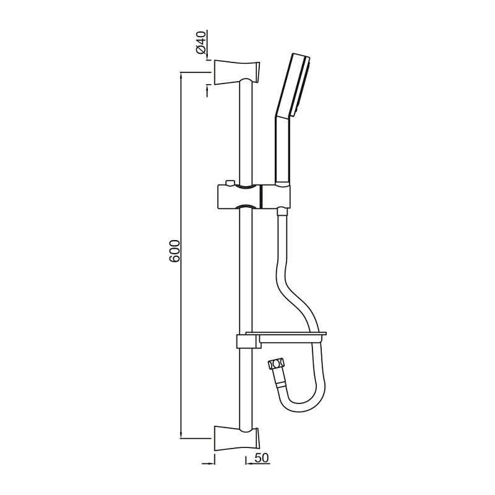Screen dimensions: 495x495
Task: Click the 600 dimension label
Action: click(x=175, y=250)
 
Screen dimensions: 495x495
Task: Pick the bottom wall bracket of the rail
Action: click(x=237, y=437)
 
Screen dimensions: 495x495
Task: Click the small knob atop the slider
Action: click(x=230, y=183)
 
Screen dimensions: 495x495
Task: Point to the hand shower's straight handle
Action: click(x=281, y=152)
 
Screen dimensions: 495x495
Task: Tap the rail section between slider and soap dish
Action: click(x=244, y=272)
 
